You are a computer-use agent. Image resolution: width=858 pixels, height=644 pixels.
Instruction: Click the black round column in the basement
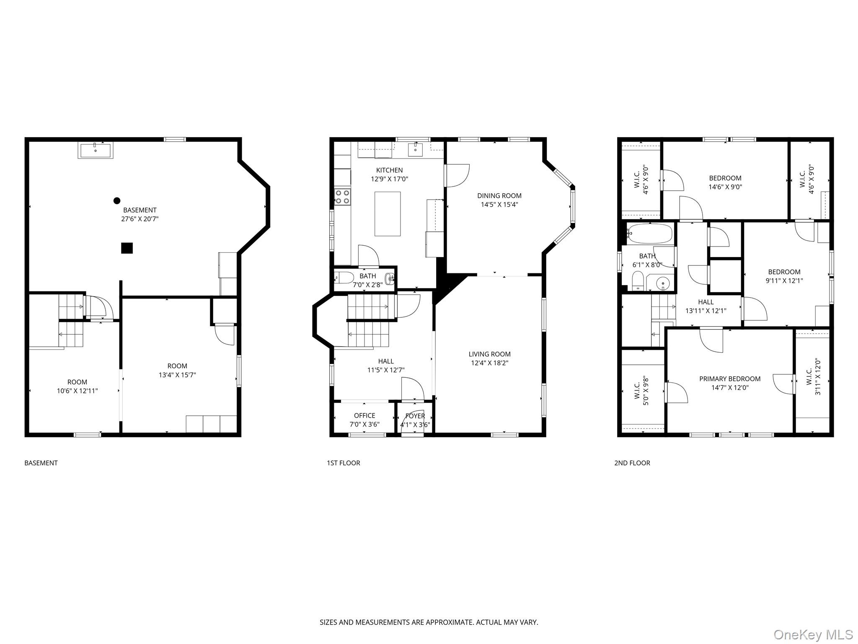click(117, 201)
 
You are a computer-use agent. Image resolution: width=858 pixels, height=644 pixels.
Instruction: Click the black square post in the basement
click(127, 248)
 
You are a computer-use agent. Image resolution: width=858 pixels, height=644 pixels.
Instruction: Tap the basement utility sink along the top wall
click(96, 151)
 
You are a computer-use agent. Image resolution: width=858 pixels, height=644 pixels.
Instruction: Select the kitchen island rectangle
click(388, 214)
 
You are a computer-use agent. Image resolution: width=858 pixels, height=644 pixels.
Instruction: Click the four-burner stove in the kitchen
click(343, 197)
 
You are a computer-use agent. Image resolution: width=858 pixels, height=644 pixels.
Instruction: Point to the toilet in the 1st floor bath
click(341, 278)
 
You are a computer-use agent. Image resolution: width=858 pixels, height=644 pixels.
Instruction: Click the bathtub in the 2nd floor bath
click(650, 234)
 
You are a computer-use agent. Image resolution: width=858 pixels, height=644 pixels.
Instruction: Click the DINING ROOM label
click(499, 196)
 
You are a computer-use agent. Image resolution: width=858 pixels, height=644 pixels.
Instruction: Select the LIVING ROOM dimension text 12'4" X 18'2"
click(489, 363)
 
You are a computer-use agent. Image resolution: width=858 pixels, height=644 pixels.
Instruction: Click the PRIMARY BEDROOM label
click(730, 379)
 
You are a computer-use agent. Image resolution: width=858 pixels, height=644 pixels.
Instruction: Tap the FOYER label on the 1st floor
click(415, 416)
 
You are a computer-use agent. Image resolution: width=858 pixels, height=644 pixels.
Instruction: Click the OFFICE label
click(364, 415)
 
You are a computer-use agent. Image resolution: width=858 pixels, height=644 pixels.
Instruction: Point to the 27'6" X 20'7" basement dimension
click(140, 219)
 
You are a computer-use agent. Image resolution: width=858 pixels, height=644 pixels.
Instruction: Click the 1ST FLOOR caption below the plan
click(343, 463)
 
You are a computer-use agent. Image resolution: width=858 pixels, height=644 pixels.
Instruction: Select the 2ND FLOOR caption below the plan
click(632, 463)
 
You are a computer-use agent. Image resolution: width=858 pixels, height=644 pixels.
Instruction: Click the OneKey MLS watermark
click(813, 634)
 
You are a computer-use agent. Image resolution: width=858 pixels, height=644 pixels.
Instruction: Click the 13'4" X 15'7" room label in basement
click(177, 375)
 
